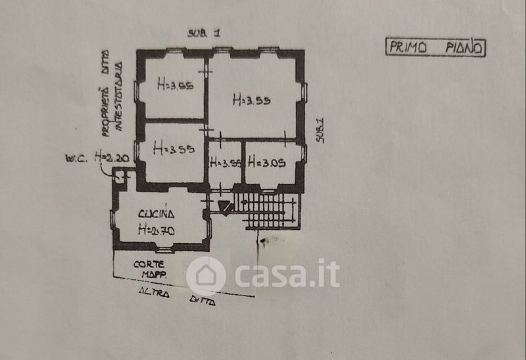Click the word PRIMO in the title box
pyautogui.click(x=408, y=48)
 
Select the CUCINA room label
pyautogui.click(x=156, y=214)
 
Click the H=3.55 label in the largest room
pyautogui.click(x=253, y=101)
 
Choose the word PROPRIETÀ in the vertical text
pyautogui.click(x=105, y=112)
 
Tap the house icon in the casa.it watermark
pyautogui.click(x=206, y=275)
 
